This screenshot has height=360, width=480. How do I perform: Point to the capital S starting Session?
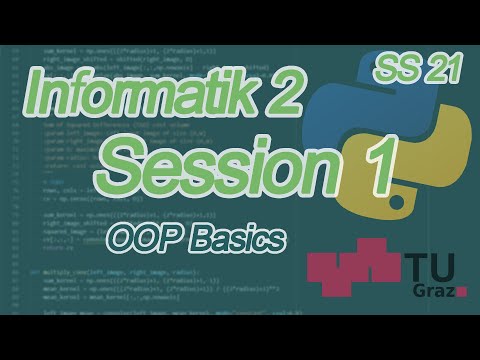[x=126, y=161]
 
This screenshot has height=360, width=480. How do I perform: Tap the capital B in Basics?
[x=207, y=239]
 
